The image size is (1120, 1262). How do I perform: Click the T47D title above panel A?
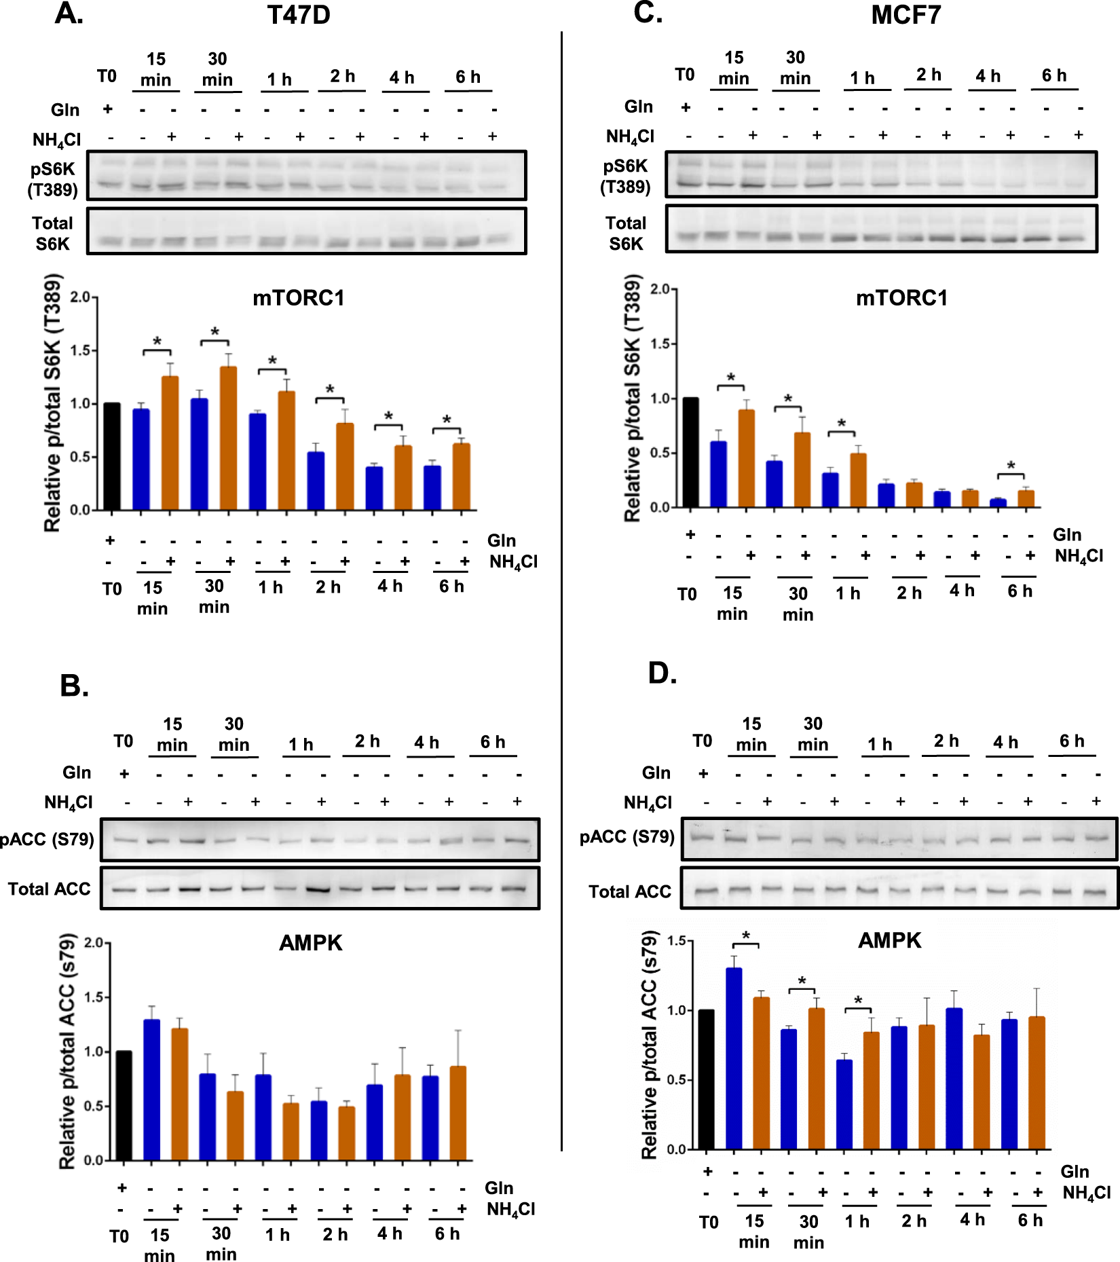298,15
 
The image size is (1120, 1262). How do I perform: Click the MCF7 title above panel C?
906,15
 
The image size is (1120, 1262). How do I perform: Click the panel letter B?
74,686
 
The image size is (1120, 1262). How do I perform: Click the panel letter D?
662,673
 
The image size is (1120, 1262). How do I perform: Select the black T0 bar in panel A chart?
112,456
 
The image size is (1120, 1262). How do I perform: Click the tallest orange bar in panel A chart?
229,438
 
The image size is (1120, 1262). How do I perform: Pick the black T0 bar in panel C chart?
690,453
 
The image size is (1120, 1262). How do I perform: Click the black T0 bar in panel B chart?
124,1105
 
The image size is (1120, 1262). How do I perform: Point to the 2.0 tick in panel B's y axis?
94,942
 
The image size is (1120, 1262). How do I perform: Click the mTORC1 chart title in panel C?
901,298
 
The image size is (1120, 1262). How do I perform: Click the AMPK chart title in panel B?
311,942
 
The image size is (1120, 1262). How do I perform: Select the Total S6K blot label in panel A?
52,234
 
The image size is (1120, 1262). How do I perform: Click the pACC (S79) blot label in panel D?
627,836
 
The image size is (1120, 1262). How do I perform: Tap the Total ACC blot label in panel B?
49,889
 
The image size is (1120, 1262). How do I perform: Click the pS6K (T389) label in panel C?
625,176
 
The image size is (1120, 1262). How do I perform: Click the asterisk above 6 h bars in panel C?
1011,466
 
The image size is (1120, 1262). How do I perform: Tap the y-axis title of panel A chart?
53,403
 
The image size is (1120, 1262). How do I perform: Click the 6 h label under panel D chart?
1030,1220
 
